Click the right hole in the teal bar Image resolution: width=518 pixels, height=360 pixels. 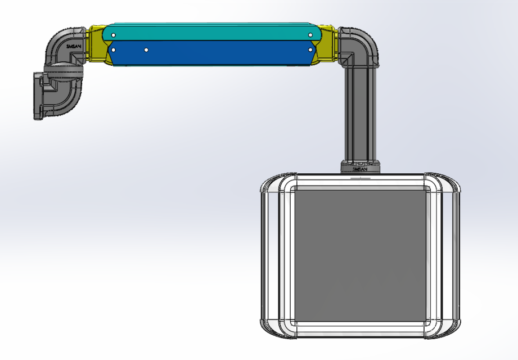pyautogui.click(x=310, y=35)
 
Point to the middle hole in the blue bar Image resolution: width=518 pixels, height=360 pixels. pyautogui.click(x=146, y=50)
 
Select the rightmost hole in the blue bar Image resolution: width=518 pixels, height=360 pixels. pyautogui.click(x=310, y=49)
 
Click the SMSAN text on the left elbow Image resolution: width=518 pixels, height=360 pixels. pyautogui.click(x=73, y=47)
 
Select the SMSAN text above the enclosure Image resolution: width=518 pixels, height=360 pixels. pyautogui.click(x=359, y=168)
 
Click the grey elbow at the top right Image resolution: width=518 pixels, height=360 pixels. pyautogui.click(x=360, y=45)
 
